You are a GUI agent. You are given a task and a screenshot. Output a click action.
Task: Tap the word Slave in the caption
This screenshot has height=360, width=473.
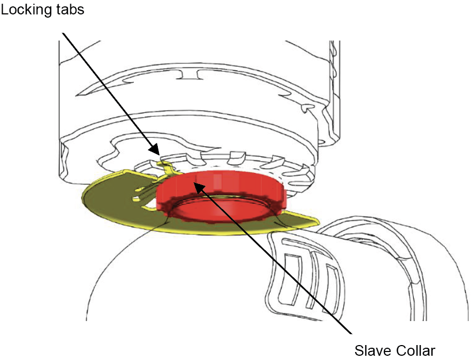(372, 350)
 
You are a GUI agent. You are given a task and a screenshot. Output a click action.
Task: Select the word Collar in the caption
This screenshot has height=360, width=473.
(415, 350)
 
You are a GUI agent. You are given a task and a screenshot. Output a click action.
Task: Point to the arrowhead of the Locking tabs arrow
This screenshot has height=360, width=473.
(155, 149)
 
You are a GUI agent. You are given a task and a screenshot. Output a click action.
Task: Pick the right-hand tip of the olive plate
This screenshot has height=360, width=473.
(319, 222)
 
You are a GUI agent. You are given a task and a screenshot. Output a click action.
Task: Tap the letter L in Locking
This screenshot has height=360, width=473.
(4, 9)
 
